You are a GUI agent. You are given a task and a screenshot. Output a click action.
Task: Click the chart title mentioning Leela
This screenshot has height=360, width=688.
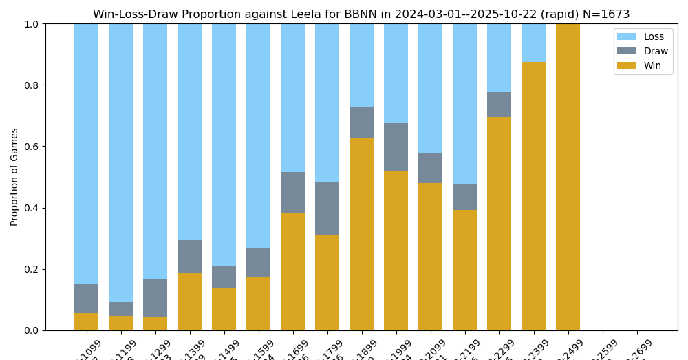[x=361, y=14]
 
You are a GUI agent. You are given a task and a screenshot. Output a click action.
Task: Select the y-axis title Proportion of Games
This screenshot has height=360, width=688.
[x=14, y=177]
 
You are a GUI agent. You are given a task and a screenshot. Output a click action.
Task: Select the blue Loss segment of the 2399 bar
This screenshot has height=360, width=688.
[x=533, y=43]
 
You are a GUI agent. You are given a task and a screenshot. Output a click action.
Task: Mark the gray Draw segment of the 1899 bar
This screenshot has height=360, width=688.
[x=361, y=123]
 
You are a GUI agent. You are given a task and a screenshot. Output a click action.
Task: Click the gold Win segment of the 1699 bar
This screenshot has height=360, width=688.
[x=292, y=271]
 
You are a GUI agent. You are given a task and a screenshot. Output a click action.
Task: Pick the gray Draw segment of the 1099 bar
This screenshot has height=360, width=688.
[x=86, y=298]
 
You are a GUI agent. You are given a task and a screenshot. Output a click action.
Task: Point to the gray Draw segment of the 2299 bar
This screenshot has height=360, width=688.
[x=499, y=104]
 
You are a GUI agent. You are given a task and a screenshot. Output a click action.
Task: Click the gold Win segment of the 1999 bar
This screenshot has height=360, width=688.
[x=396, y=251]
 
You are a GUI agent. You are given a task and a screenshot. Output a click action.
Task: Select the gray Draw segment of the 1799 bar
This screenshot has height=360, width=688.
[x=327, y=209]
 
